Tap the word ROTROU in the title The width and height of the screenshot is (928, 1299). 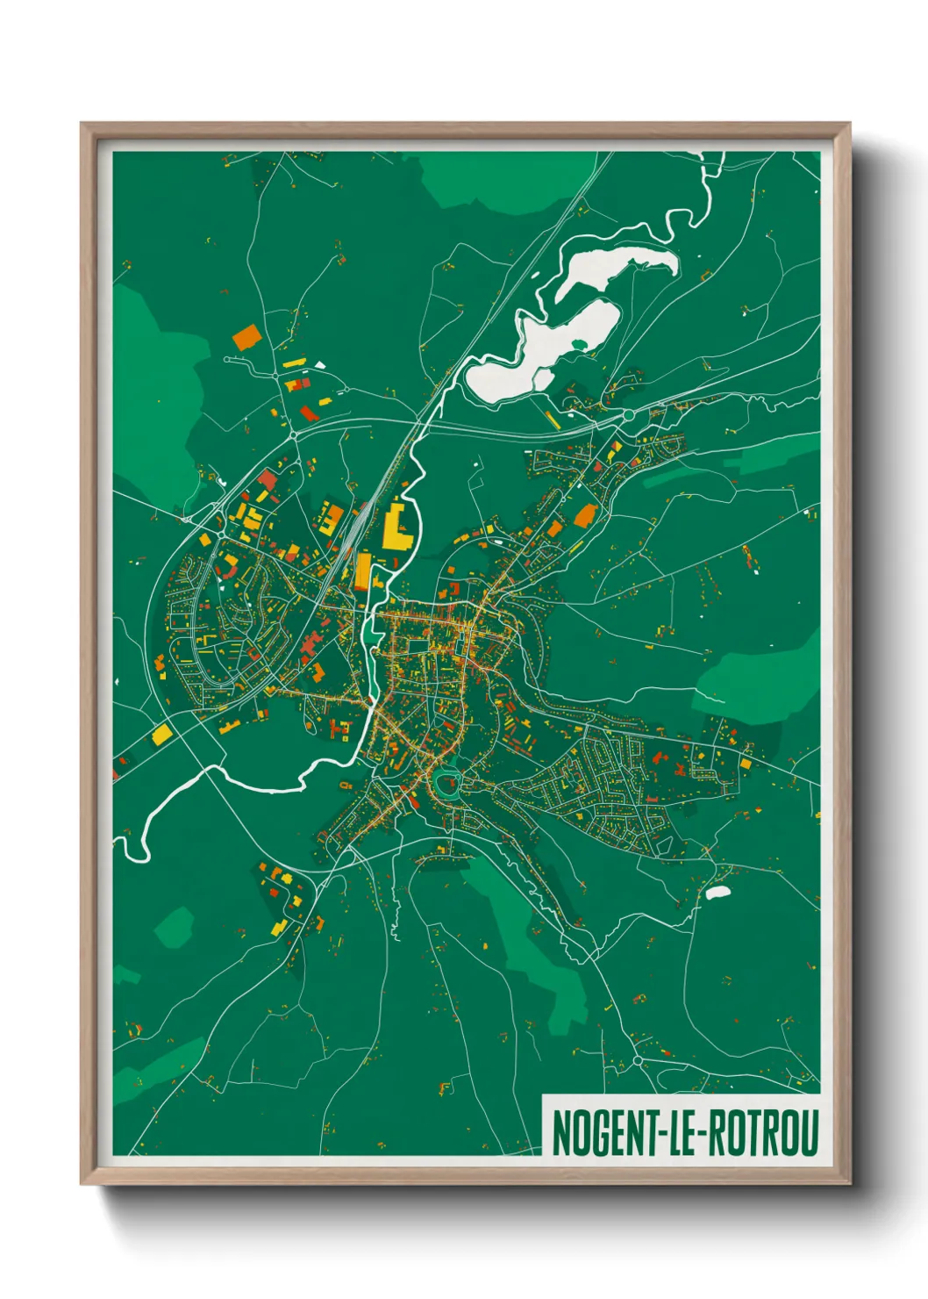coord(762,1133)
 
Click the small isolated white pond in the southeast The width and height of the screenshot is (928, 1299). coord(717,894)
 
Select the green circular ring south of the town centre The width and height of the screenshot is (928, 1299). coord(446,783)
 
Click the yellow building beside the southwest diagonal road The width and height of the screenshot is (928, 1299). coord(161,735)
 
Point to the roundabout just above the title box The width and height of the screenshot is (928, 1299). coord(637,1060)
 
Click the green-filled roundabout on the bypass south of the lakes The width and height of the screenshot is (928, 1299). coord(628,414)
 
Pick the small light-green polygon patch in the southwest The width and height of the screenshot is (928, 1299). coord(175,927)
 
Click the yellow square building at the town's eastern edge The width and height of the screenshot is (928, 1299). coord(746,764)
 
